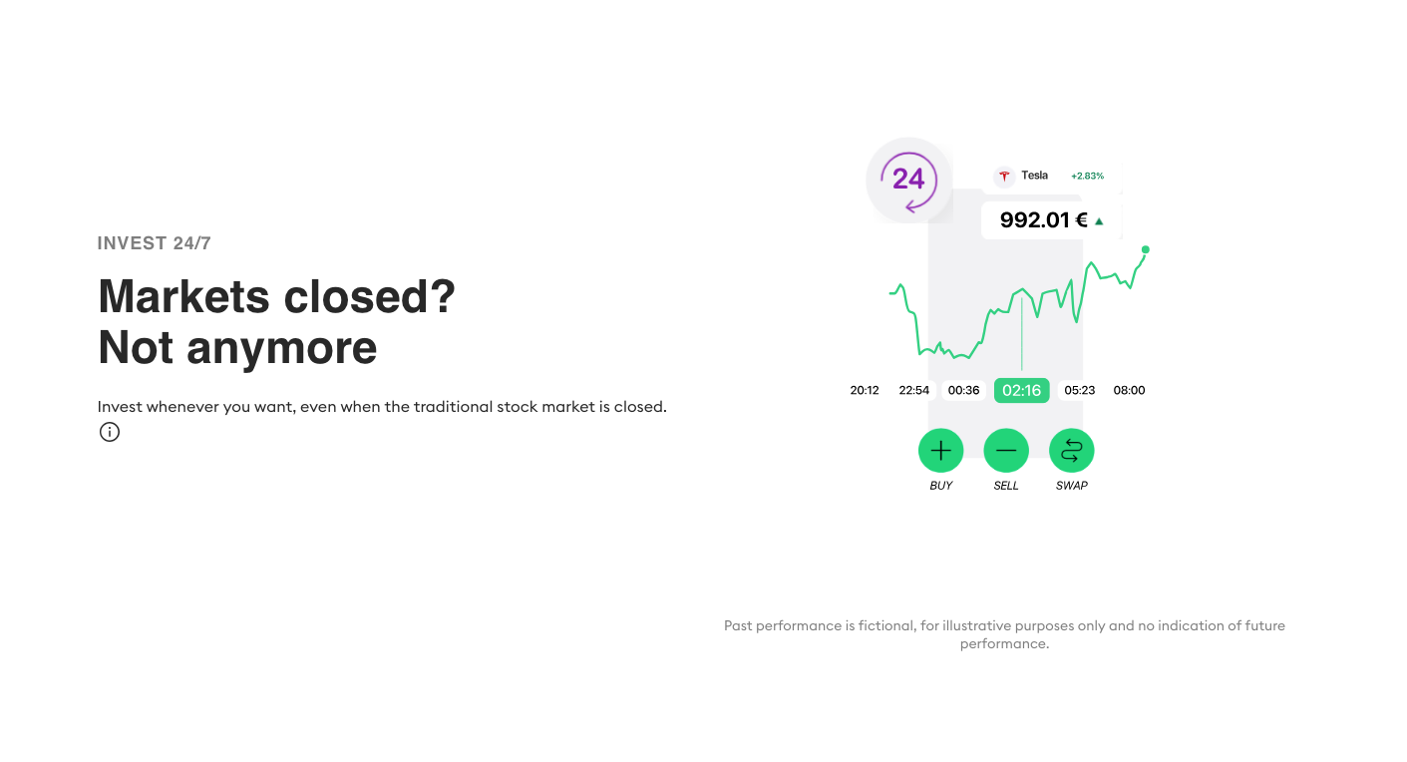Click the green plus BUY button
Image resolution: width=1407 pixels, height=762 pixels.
pos(940,451)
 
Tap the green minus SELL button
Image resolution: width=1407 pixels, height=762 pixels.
pos(1005,451)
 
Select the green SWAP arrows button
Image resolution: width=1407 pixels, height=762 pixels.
pos(1071,451)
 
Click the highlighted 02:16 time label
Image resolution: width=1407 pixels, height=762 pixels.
pos(1021,390)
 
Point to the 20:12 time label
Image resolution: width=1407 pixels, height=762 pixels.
pos(865,390)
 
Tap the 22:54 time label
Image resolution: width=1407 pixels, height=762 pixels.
pos(913,390)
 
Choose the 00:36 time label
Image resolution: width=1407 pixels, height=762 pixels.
pos(963,390)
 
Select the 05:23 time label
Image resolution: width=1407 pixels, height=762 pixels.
pos(1079,390)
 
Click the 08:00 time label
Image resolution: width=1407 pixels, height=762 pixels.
pos(1129,390)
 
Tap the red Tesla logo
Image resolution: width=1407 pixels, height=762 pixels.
pos(1004,176)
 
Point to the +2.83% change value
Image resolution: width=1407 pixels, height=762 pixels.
pos(1087,176)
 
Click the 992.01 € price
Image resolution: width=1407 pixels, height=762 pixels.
pos(1043,219)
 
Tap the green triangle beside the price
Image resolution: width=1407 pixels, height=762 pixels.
pos(1099,221)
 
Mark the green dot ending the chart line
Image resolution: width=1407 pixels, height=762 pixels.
pos(1145,249)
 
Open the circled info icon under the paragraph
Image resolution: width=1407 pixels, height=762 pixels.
pos(110,432)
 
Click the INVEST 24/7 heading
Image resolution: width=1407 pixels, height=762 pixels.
pos(154,243)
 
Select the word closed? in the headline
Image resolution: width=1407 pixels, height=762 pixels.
pos(369,296)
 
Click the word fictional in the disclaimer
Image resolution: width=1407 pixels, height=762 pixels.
pos(886,625)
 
